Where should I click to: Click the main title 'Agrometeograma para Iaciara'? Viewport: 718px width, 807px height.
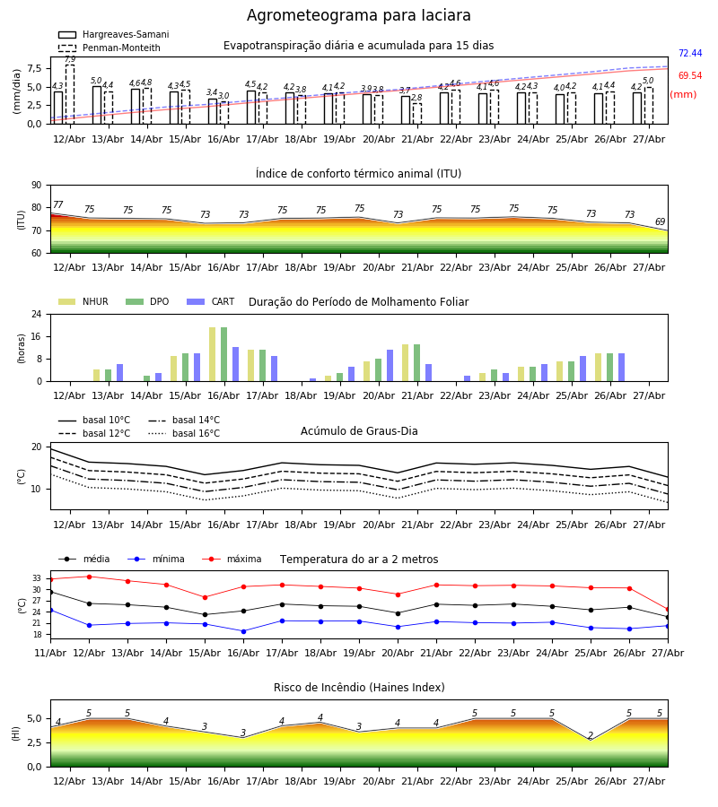[358, 15]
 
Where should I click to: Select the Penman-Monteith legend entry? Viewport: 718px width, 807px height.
[109, 48]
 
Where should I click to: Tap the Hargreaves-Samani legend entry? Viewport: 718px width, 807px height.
[113, 34]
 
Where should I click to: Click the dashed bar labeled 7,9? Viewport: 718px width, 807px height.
[70, 94]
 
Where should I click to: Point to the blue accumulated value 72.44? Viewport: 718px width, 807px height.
[690, 53]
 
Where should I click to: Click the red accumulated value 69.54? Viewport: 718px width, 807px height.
[690, 75]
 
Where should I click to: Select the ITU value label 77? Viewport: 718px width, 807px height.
[58, 204]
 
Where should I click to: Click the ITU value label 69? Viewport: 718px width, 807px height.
[660, 221]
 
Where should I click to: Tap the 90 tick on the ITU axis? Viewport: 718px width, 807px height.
[37, 186]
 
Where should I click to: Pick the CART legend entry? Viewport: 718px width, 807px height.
[211, 301]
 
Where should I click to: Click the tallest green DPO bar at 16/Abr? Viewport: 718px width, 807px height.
[224, 354]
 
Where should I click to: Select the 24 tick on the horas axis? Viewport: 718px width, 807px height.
[37, 314]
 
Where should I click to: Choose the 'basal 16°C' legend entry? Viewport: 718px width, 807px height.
[184, 433]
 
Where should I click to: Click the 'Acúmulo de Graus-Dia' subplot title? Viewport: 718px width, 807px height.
[359, 430]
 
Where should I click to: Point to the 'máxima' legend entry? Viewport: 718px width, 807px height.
[232, 559]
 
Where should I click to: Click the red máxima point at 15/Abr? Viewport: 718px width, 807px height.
[205, 597]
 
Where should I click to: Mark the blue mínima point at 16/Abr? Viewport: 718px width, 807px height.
[243, 631]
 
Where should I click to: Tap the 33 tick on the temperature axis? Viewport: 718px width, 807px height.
[37, 578]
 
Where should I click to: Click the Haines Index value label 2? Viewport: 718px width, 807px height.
[591, 735]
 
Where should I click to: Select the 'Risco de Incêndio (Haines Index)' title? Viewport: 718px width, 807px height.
[359, 687]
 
